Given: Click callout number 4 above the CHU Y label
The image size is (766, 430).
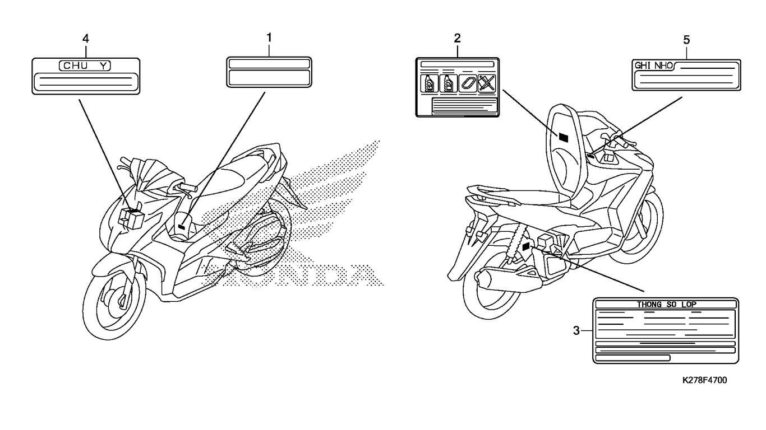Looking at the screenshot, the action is [85, 39].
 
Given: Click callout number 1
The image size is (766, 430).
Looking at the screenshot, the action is [269, 38].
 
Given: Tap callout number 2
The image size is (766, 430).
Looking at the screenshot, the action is [457, 38].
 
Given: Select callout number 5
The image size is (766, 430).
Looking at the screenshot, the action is [686, 40].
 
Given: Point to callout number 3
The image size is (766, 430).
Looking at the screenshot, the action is [576, 330].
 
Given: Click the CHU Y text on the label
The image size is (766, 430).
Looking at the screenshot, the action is [85, 66].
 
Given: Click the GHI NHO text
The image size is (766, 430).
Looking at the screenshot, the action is [653, 66].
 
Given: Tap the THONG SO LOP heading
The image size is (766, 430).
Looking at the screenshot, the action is [667, 305].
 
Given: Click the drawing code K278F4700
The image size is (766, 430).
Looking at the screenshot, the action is [704, 380].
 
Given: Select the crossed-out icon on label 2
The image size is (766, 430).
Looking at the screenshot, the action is [487, 83].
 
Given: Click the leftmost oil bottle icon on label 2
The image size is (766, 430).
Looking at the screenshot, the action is [429, 83].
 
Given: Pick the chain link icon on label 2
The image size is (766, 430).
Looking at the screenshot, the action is [468, 83].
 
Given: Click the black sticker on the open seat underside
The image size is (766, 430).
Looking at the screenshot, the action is [563, 137].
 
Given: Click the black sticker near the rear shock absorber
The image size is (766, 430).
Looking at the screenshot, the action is [527, 246].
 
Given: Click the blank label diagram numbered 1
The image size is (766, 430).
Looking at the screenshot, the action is [269, 72].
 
